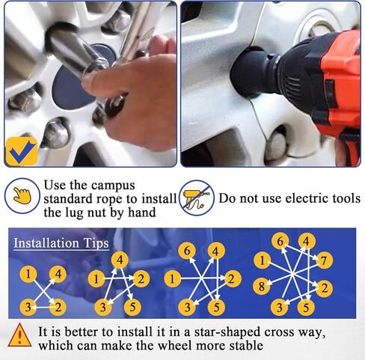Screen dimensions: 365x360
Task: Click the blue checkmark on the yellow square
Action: [x=22, y=152]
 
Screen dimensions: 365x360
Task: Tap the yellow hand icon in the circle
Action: [x=22, y=195]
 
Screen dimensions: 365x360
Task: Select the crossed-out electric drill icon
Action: [x=197, y=198]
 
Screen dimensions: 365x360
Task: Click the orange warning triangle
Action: [x=19, y=335]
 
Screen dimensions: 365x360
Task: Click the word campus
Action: [x=113, y=186]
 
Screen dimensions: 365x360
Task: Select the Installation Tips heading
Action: [x=61, y=243]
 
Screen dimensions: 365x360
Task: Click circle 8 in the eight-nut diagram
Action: [x=262, y=286]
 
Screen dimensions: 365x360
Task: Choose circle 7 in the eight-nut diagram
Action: [x=324, y=260]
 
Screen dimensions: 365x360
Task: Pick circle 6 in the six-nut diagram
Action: [x=187, y=251]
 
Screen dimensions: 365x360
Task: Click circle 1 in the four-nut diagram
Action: [x=28, y=275]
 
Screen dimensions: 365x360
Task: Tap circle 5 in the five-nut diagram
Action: [x=132, y=307]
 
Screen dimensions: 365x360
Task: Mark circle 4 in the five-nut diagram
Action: [x=120, y=260]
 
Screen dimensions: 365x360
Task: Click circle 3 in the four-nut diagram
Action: [x=28, y=307]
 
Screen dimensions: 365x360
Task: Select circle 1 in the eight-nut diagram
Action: [x=263, y=260]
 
